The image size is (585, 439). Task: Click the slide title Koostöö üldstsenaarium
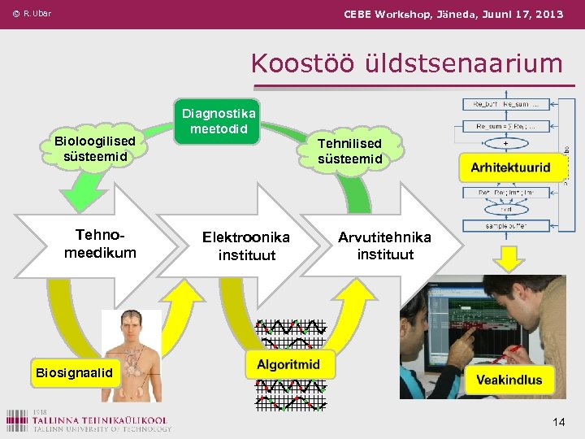406,63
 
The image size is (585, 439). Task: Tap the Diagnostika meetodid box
219,121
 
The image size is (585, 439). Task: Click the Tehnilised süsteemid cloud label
349,150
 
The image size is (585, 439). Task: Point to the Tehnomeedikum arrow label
100,244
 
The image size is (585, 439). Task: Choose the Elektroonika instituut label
245,246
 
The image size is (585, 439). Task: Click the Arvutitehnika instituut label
385,246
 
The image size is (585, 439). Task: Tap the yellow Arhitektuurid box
510,169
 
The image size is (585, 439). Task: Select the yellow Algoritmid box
288,364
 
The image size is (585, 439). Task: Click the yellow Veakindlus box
509,380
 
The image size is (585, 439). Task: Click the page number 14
558,422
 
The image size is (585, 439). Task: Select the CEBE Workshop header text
453,14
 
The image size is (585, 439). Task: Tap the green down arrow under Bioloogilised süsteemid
81,195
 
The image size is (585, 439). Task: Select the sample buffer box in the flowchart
505,225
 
